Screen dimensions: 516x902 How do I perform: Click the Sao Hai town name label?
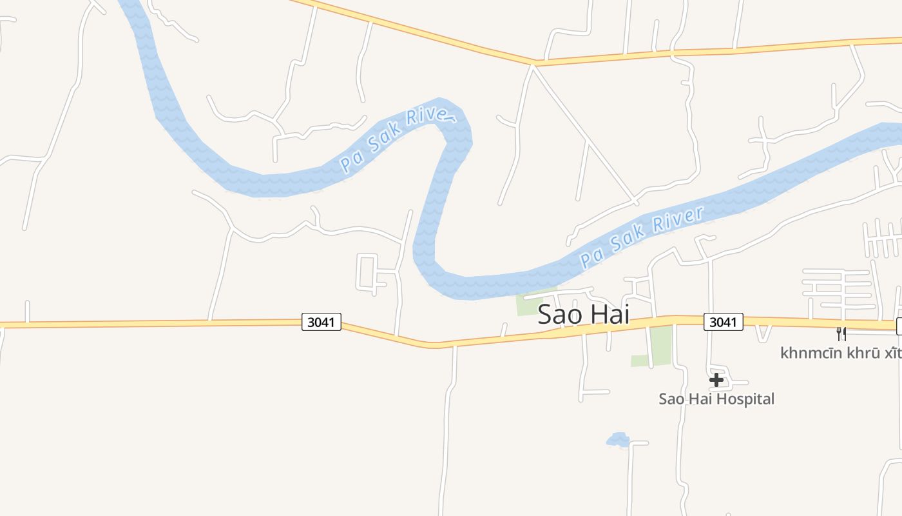click(x=583, y=315)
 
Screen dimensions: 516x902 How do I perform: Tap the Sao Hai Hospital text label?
click(x=716, y=399)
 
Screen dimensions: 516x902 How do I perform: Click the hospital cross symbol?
click(x=716, y=381)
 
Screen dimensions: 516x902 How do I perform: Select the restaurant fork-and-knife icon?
click(x=841, y=333)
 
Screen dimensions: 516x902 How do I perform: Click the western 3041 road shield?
click(x=321, y=322)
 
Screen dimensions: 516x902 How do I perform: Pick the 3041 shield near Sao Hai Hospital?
click(x=723, y=322)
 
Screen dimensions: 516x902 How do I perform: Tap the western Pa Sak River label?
click(x=398, y=140)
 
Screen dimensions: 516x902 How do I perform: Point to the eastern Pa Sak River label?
click(x=641, y=237)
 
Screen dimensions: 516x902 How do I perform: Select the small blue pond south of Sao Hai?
click(x=618, y=440)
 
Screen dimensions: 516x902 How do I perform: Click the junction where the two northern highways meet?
click(x=535, y=64)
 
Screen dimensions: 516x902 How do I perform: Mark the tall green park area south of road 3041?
click(x=661, y=345)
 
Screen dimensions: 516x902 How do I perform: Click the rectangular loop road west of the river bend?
click(x=368, y=272)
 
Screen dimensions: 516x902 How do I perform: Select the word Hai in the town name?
click(x=609, y=315)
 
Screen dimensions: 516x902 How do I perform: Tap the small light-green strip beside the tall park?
click(x=639, y=361)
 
